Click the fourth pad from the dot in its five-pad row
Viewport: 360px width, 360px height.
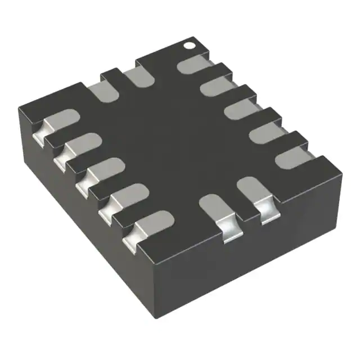coord(264,133)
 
